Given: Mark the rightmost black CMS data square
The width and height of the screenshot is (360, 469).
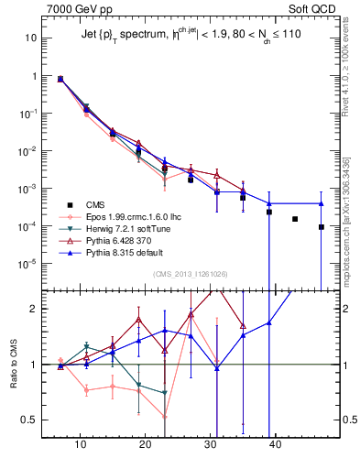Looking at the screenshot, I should (x=322, y=227).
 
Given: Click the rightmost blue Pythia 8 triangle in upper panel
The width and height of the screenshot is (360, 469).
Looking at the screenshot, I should (x=322, y=203).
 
